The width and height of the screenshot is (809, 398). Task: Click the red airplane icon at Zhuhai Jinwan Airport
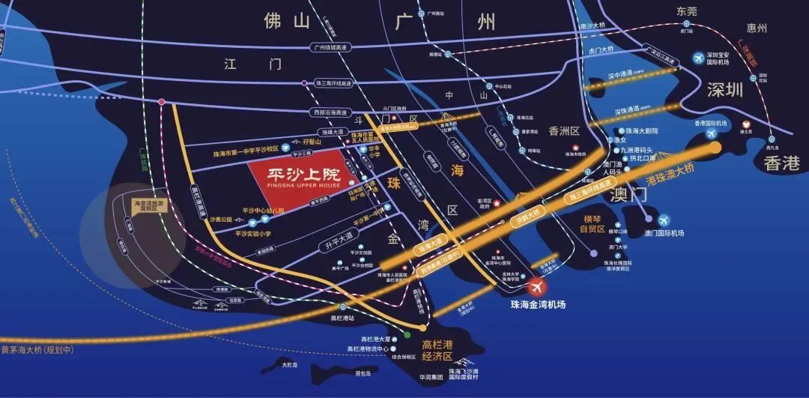(536, 287)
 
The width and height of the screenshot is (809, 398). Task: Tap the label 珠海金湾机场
(538, 305)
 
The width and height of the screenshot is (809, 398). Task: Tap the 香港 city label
(782, 163)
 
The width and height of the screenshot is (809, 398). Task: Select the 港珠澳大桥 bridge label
(671, 178)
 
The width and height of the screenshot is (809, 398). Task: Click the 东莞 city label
(686, 11)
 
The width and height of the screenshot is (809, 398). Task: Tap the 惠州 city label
(757, 28)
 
